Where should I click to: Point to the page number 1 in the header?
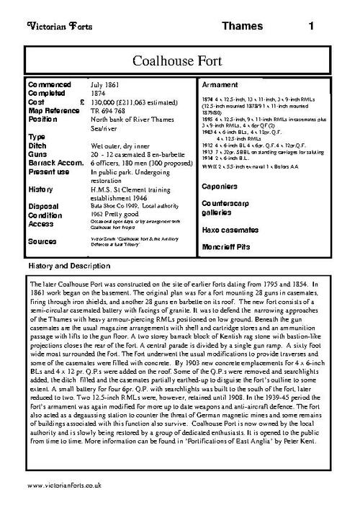coord(311,27)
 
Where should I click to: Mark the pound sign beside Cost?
coord(81,102)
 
